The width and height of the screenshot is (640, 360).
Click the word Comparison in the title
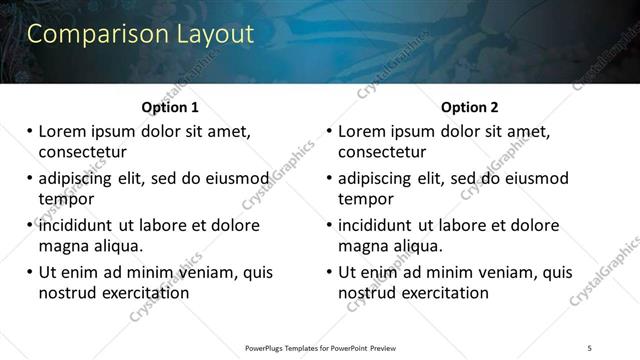coord(88,34)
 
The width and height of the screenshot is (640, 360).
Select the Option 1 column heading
coord(170,108)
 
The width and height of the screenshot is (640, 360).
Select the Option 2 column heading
coord(470,108)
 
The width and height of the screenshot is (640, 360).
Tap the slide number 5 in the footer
coord(590,347)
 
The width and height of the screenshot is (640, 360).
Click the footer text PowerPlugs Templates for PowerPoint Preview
coord(320,347)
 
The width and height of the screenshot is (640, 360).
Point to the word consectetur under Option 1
coord(82,152)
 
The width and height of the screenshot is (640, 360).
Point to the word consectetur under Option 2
coord(382,152)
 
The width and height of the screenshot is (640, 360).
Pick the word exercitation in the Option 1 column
coord(140,293)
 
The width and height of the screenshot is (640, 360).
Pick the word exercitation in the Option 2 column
coord(440,293)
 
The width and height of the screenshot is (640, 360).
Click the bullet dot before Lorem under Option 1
coord(30,132)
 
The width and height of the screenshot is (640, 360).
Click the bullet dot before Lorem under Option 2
coord(330,132)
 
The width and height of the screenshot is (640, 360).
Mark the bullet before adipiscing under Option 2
coord(330,179)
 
